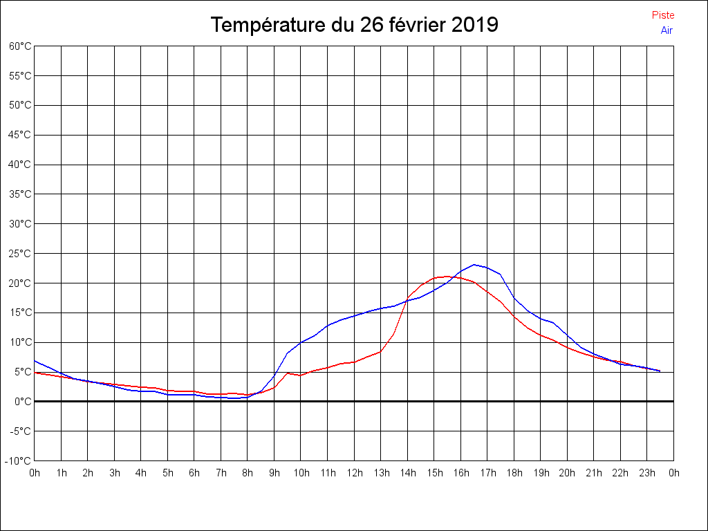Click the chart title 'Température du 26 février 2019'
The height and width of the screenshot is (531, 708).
click(x=354, y=25)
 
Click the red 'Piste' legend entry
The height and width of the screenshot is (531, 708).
click(x=662, y=15)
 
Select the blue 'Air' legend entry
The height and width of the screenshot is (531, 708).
click(x=667, y=30)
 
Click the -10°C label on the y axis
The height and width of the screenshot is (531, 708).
click(x=19, y=460)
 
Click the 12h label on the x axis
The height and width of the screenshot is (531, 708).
click(x=354, y=473)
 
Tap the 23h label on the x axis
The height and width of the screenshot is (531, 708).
click(x=647, y=473)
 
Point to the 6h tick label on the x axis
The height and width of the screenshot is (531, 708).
click(x=194, y=473)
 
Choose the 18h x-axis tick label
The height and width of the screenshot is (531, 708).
click(x=514, y=473)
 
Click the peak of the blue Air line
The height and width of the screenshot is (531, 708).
click(x=474, y=265)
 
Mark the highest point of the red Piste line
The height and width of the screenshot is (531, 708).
click(x=447, y=277)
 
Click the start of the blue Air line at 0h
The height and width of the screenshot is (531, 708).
click(x=35, y=361)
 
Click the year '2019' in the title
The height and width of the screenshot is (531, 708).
click(x=474, y=25)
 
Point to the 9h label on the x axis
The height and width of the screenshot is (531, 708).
click(x=274, y=473)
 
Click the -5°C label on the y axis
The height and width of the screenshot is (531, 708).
click(x=20, y=431)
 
